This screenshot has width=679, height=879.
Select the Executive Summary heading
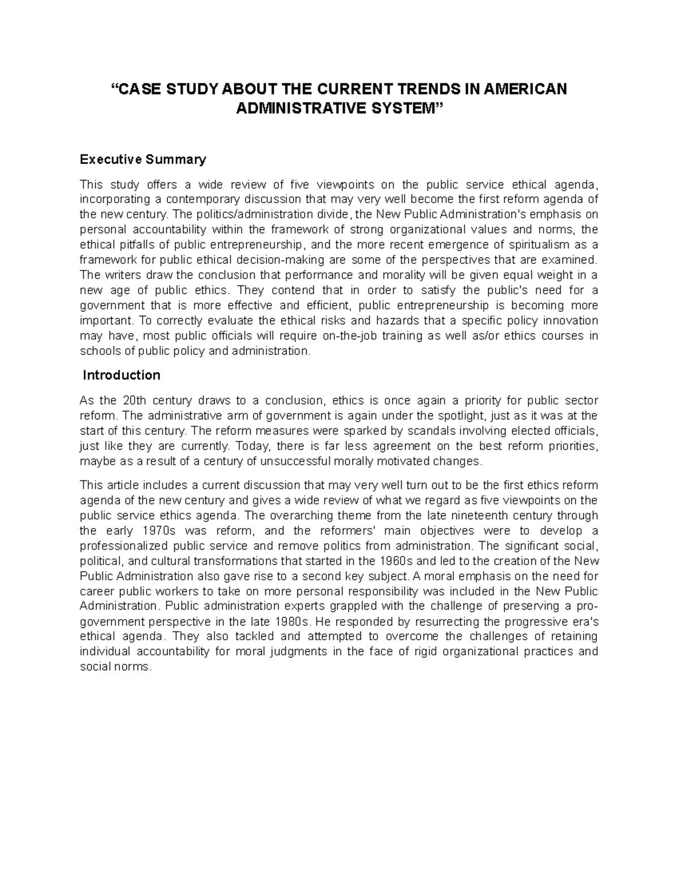coord(143,160)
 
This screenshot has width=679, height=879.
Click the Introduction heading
coord(122,375)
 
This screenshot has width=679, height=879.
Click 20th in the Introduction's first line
coord(134,401)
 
